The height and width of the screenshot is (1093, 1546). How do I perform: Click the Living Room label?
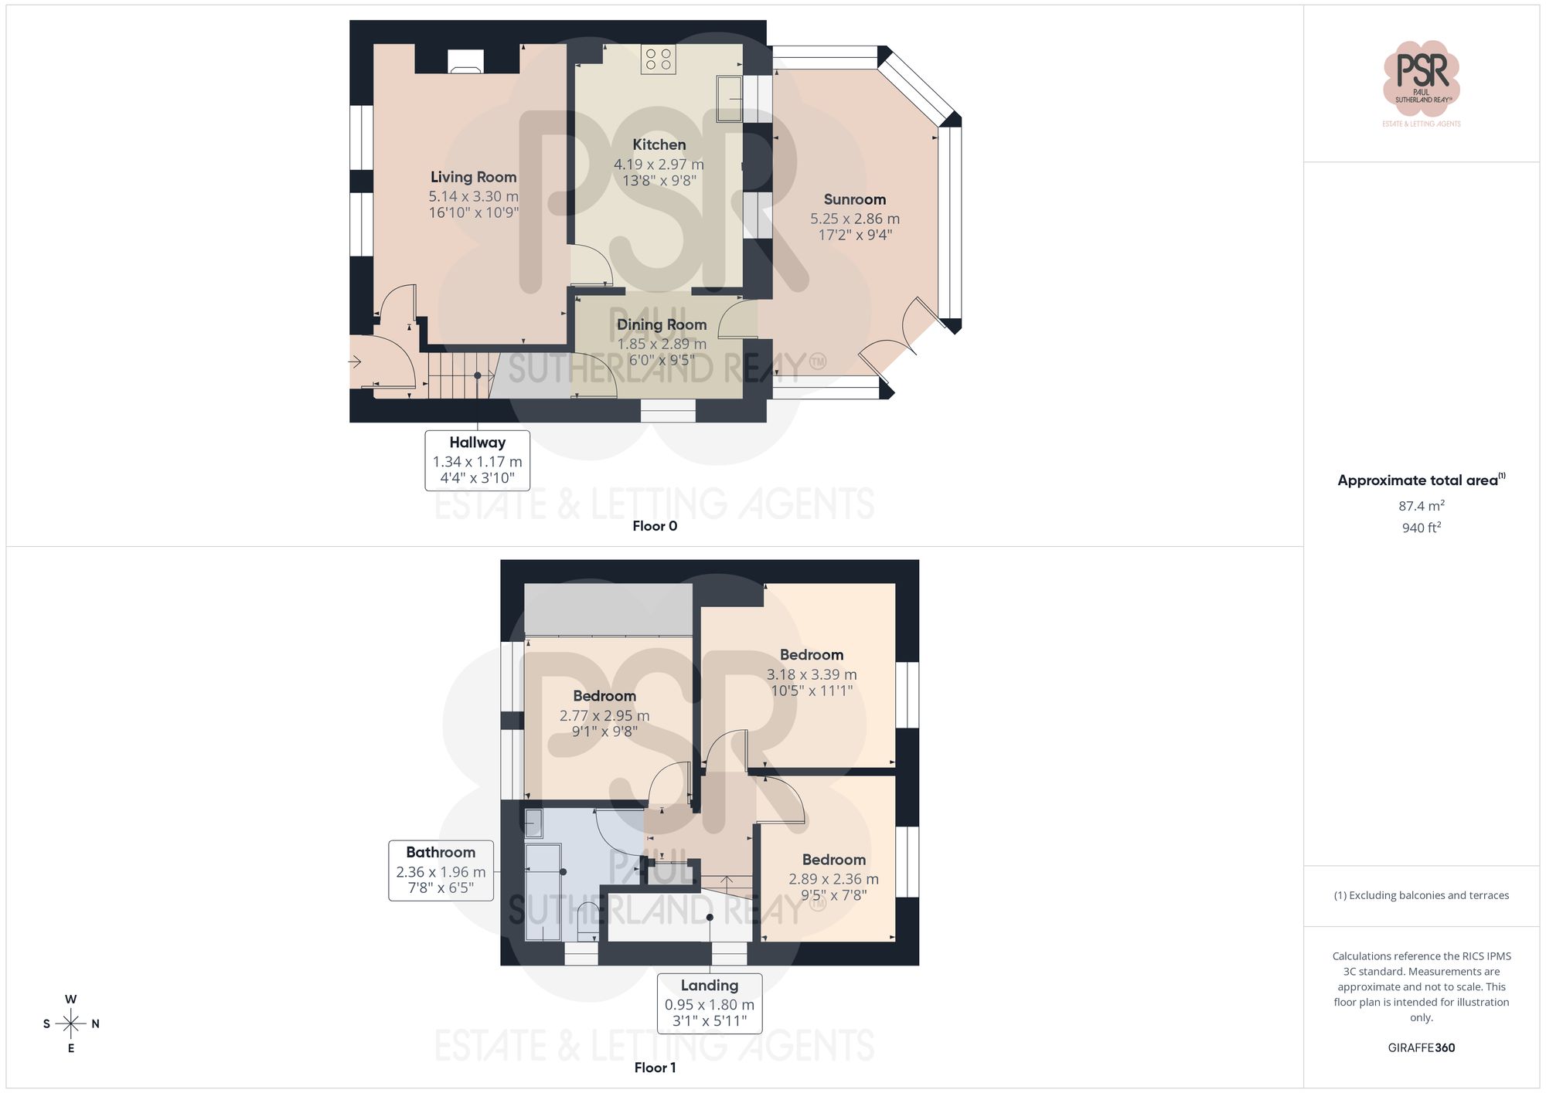pyautogui.click(x=473, y=177)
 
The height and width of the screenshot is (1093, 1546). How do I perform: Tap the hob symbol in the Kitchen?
pyautogui.click(x=659, y=59)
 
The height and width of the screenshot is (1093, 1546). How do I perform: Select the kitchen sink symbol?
pyautogui.click(x=728, y=98)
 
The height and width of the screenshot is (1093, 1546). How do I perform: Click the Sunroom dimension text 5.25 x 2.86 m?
pyautogui.click(x=854, y=219)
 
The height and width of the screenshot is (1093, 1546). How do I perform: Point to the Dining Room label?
pyautogui.click(x=661, y=324)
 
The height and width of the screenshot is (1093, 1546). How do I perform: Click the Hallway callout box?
pyautogui.click(x=477, y=460)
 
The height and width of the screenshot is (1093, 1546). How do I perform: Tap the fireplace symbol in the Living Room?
pyautogui.click(x=466, y=62)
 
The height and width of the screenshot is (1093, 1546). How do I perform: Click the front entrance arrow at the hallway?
pyautogui.click(x=356, y=361)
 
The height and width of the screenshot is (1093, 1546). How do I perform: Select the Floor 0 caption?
pyautogui.click(x=654, y=526)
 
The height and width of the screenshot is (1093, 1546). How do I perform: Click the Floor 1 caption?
pyautogui.click(x=654, y=1068)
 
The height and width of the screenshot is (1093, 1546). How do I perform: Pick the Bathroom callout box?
pyautogui.click(x=441, y=870)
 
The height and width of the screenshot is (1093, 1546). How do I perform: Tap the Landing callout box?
pyautogui.click(x=709, y=1003)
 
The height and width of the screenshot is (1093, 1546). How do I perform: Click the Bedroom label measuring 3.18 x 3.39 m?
pyautogui.click(x=811, y=655)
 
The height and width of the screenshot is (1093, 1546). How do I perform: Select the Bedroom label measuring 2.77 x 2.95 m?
pyautogui.click(x=604, y=696)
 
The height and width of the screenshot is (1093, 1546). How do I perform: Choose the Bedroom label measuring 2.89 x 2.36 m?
pyautogui.click(x=833, y=860)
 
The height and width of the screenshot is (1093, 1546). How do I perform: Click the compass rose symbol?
pyautogui.click(x=71, y=1023)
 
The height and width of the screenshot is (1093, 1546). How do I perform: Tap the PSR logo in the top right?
pyautogui.click(x=1421, y=77)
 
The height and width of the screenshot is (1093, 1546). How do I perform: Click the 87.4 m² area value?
pyautogui.click(x=1421, y=506)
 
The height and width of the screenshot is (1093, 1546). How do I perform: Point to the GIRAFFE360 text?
pyautogui.click(x=1421, y=1047)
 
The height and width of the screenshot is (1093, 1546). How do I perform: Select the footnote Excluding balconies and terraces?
pyautogui.click(x=1421, y=895)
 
